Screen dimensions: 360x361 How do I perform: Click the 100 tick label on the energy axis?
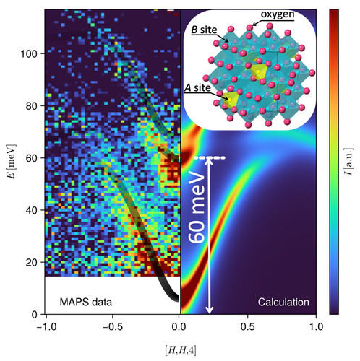29,53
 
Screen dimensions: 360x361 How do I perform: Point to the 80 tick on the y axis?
32,106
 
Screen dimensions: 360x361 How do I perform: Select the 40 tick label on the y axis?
32,210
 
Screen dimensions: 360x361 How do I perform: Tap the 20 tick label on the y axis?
32,262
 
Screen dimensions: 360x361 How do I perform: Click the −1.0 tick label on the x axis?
46,327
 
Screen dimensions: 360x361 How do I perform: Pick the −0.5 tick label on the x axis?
113,327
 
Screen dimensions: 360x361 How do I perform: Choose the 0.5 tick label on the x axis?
248,327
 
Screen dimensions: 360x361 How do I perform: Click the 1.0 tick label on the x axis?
316,327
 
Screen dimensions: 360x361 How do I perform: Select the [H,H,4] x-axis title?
181,350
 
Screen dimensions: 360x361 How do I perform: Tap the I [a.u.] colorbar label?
348,162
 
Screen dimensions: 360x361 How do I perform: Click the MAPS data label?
86,302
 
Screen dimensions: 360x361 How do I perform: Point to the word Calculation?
283,302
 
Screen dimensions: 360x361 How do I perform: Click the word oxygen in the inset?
278,14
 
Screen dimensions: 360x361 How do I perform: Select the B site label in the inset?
204,30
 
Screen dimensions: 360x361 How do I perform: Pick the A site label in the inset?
197,88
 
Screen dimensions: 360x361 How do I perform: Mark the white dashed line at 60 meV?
210,158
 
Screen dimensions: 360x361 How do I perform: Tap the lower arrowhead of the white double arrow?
210,310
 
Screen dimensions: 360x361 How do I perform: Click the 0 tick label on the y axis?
35,315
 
